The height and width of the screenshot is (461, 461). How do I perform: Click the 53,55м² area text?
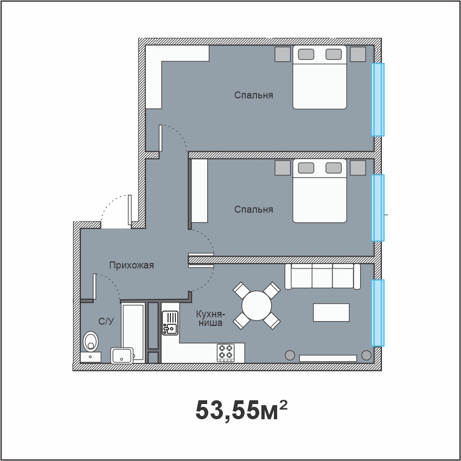[241, 410]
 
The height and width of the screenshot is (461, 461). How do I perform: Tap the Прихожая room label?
[131, 265]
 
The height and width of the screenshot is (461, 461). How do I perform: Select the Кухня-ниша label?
[210, 318]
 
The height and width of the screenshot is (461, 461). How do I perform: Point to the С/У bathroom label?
[106, 322]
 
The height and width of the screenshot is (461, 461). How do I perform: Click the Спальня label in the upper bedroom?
[253, 95]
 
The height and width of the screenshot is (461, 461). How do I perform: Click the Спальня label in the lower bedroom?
[253, 209]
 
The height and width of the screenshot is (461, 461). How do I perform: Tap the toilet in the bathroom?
[91, 341]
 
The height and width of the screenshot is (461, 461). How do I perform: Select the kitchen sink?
[170, 323]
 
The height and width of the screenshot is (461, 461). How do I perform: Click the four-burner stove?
[226, 353]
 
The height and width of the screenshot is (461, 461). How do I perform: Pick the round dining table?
[257, 306]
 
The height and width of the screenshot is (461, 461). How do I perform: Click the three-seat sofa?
[323, 277]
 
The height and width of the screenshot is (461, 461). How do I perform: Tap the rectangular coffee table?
[331, 312]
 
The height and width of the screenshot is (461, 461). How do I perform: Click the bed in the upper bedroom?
[319, 78]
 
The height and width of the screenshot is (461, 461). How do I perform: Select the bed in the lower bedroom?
[319, 191]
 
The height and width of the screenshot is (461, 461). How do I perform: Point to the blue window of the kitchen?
[377, 313]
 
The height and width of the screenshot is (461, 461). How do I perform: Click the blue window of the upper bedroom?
[377, 100]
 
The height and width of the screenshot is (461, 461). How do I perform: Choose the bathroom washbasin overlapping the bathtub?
[121, 355]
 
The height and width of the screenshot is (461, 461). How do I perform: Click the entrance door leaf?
[130, 210]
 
